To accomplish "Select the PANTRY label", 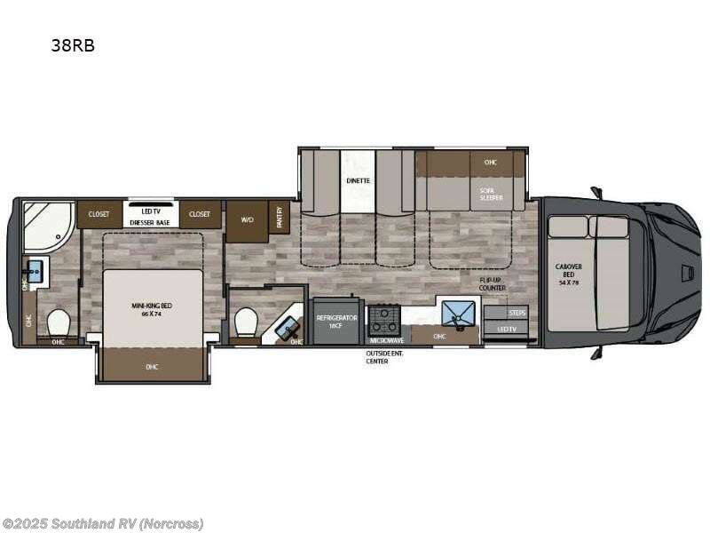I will click(x=280, y=216).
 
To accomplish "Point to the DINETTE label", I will click(x=358, y=180).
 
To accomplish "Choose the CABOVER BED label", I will click(x=569, y=272).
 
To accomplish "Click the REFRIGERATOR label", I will click(x=337, y=321).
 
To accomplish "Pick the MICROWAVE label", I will click(x=386, y=340).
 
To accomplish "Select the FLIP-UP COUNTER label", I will click(x=493, y=283).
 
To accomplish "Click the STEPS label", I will click(x=517, y=314).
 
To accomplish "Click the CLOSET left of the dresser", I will click(x=99, y=214).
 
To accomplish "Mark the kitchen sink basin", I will click(x=459, y=314).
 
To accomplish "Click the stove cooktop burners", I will click(x=384, y=319).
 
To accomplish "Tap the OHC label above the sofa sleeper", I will click(x=490, y=163).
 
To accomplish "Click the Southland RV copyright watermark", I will click(x=102, y=523).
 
